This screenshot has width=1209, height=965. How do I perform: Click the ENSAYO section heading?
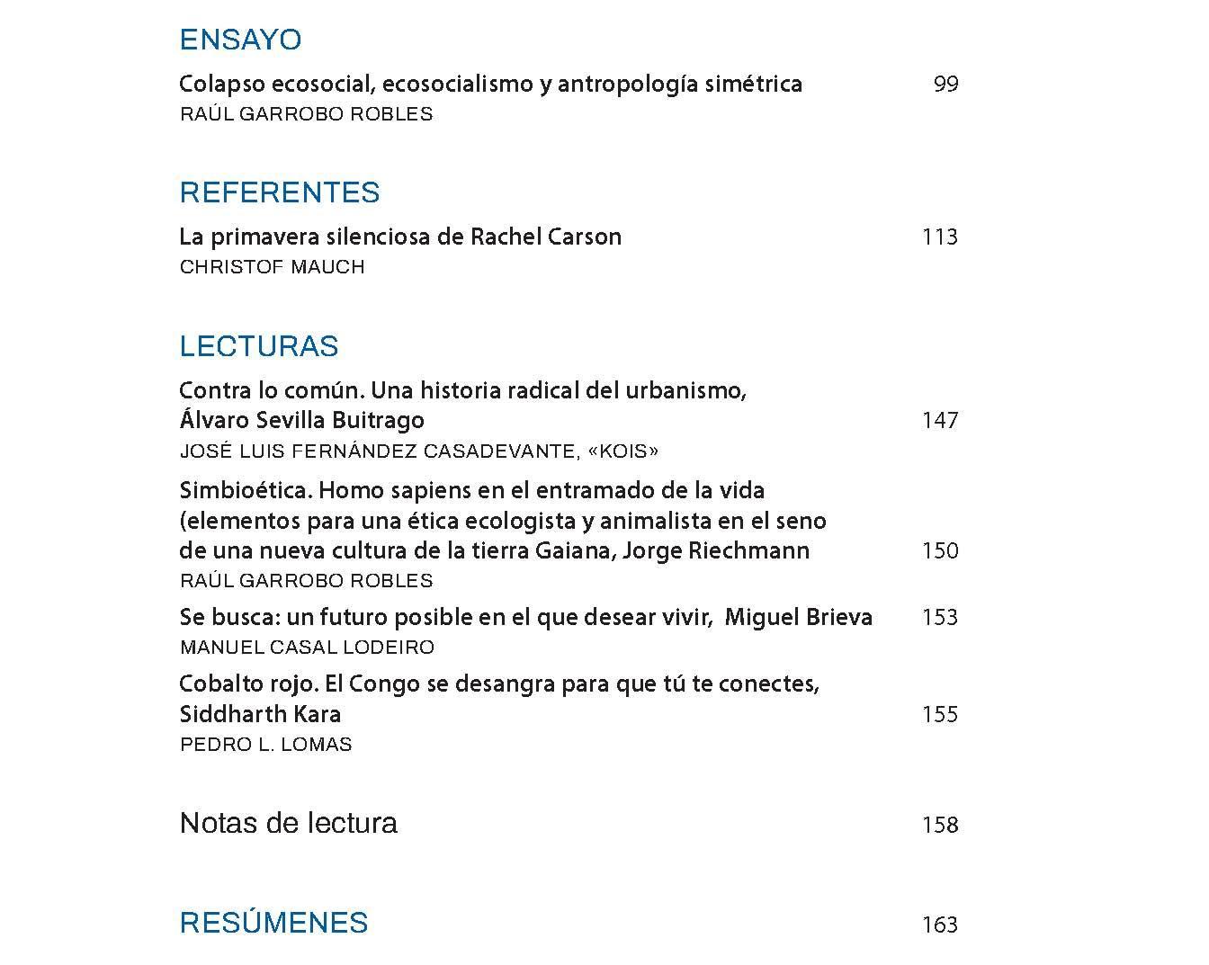pos(240,40)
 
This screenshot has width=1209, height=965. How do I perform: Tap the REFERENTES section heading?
pos(280,192)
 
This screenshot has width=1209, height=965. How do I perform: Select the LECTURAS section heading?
pos(259,346)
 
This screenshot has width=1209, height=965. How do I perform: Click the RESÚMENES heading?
pos(273,923)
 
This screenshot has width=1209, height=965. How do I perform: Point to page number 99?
pos(945,85)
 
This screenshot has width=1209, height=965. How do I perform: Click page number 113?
pos(940,237)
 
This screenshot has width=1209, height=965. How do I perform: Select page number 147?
pos(940,421)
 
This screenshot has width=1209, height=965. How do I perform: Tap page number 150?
pos(940,551)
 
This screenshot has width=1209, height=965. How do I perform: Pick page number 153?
pos(940,618)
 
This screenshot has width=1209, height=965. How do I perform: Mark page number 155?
pos(940,715)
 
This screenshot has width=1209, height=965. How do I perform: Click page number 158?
pos(940,826)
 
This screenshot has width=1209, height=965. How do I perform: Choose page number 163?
pos(940,925)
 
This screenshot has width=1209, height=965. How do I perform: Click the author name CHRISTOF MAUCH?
pos(272,267)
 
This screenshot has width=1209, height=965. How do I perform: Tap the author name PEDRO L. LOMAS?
pos(265,745)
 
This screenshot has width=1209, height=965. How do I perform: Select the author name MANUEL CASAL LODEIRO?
pos(307,648)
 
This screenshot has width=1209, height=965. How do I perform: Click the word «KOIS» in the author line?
pos(622,451)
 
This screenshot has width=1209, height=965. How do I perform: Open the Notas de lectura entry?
pos(288,823)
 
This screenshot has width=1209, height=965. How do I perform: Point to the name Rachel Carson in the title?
pos(546,237)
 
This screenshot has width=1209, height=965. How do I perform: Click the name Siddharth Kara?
pos(260,715)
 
